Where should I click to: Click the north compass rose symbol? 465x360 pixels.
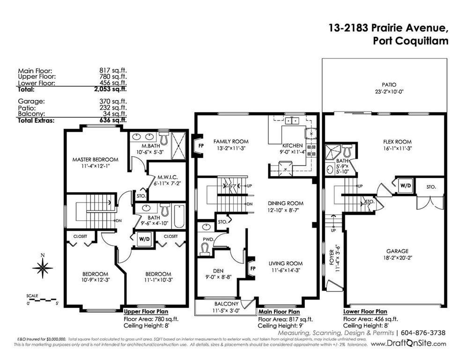coord(43,268)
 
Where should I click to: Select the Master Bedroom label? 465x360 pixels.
coord(96,159)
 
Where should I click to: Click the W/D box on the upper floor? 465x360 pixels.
coord(144,239)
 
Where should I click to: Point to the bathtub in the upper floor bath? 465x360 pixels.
coord(179,216)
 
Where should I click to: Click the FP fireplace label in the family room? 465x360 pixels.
coord(201,146)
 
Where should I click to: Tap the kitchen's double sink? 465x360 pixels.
coord(292,121)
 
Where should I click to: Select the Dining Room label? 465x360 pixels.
coord(286,203)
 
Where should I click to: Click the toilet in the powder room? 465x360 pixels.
coord(205,249)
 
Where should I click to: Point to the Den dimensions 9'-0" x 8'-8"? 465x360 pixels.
coord(218,277)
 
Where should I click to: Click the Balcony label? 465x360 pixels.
coord(227,304)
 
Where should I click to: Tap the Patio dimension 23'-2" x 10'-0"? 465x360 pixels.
coord(389,92)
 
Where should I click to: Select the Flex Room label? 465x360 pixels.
coord(398,142)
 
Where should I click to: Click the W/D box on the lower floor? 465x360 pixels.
coord(406,186)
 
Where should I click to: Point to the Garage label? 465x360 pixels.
coord(398,251)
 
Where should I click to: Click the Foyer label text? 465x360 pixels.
coord(332,256)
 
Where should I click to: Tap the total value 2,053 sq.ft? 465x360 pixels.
coord(111,89)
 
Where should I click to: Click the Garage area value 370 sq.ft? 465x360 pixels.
coord(113,102)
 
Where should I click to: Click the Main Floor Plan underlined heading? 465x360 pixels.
coord(279,312)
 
